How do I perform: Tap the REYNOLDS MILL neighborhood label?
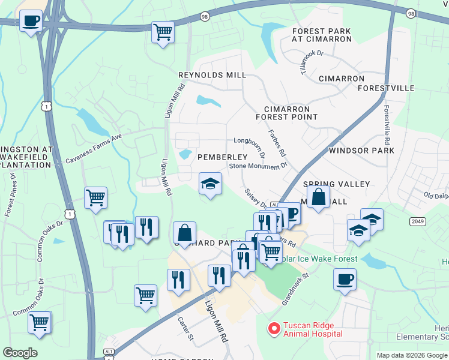pyautogui.click(x=212, y=75)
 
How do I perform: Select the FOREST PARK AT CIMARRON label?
pyautogui.click(x=322, y=35)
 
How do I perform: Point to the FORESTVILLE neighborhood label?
pyautogui.click(x=386, y=88)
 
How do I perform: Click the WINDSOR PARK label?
pyautogui.click(x=361, y=151)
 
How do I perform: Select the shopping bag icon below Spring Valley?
pyautogui.click(x=318, y=196)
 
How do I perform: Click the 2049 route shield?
pyautogui.click(x=418, y=221)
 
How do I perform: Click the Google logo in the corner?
pyautogui.click(x=20, y=353)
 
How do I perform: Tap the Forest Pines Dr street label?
pyautogui.click(x=10, y=194)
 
